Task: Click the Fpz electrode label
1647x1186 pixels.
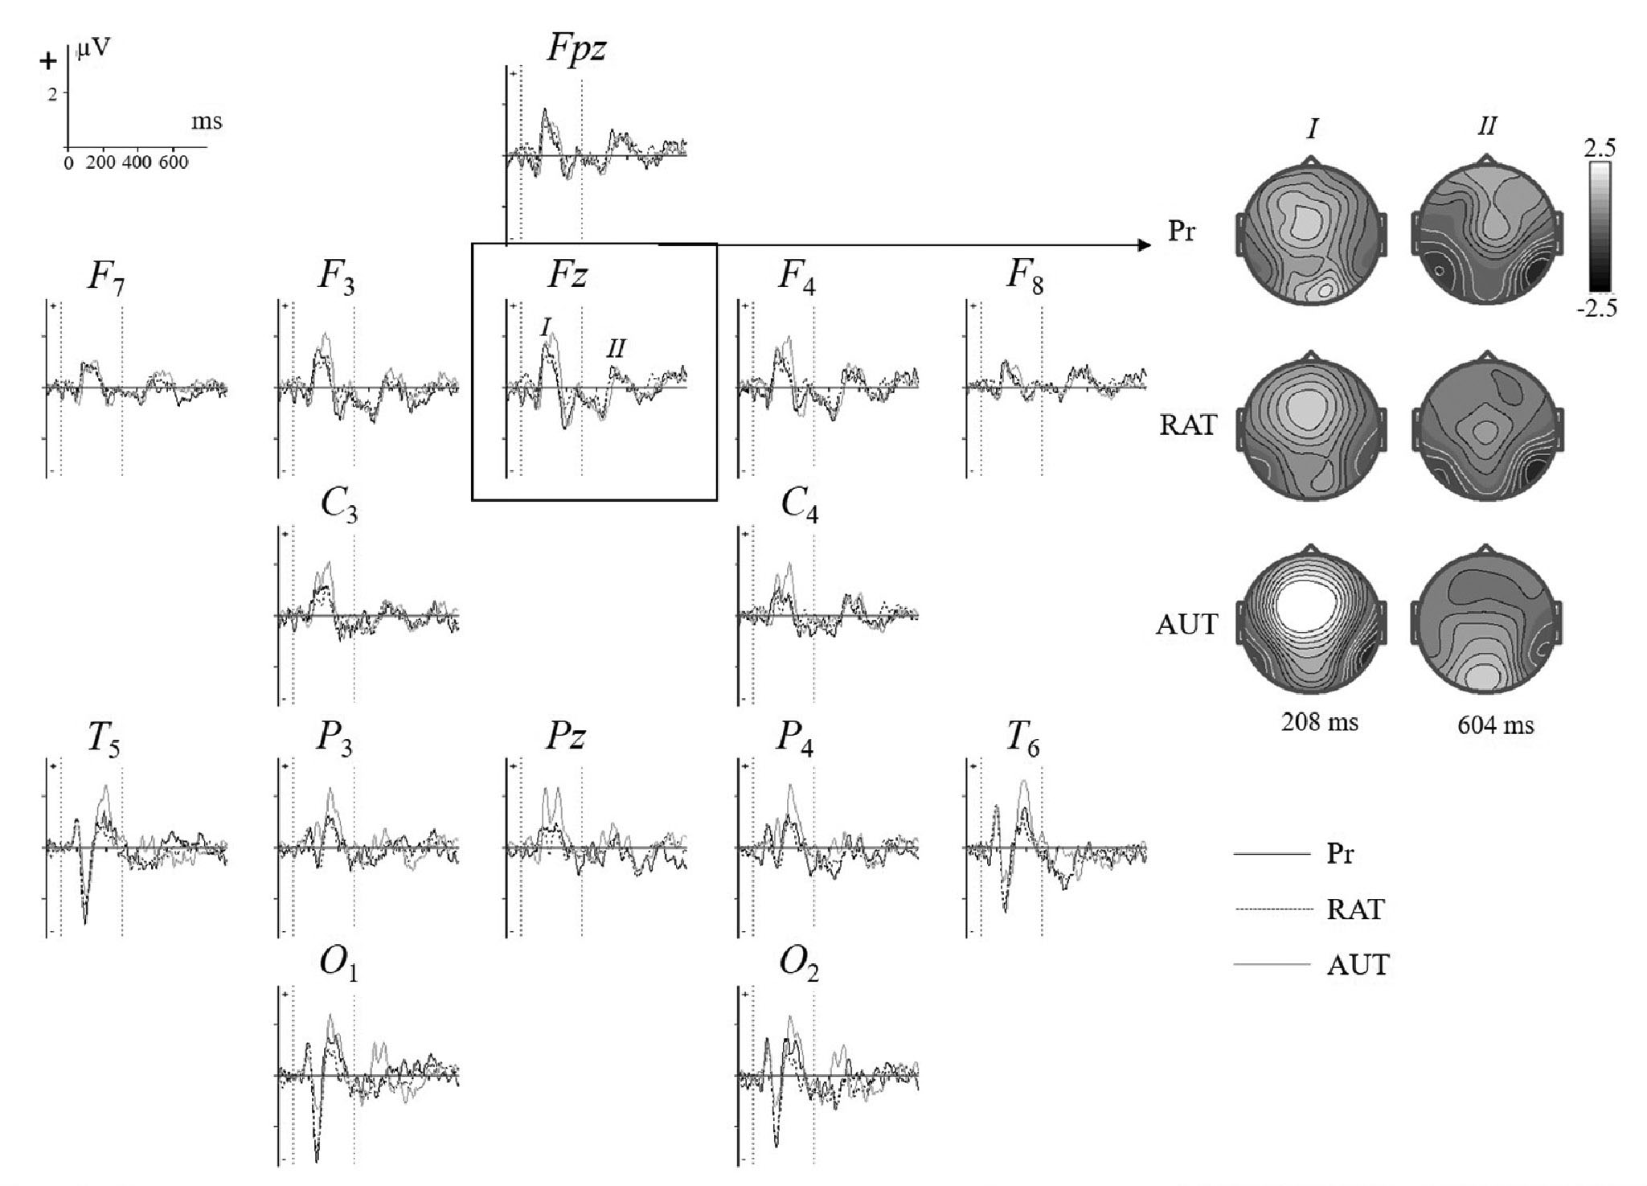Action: point(576,48)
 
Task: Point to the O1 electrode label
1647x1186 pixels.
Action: point(338,966)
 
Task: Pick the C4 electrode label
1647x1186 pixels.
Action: point(800,507)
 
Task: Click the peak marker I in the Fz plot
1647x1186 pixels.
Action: point(546,326)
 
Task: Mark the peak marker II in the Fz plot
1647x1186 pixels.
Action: point(616,347)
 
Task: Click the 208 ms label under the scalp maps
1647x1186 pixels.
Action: point(1319,721)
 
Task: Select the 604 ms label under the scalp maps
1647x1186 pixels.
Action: point(1495,725)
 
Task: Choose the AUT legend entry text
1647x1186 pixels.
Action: point(1358,964)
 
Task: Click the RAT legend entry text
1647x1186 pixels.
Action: point(1356,909)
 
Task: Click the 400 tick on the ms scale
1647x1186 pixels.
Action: point(137,162)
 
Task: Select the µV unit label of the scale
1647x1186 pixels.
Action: point(94,49)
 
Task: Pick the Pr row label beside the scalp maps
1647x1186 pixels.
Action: point(1182,232)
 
